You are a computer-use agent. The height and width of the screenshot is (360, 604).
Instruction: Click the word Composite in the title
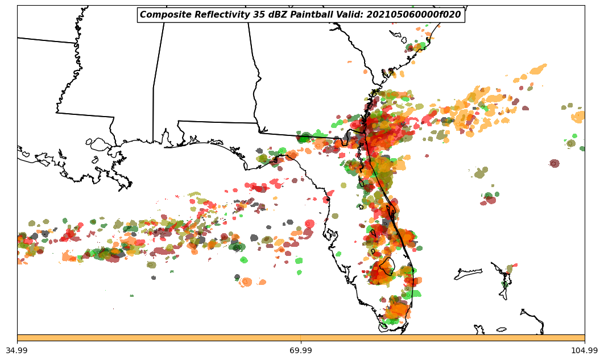(162, 15)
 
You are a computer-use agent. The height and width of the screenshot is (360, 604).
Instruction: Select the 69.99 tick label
(301, 350)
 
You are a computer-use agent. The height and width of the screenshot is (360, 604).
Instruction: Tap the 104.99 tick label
(584, 350)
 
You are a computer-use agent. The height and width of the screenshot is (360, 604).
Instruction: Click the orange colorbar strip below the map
(301, 338)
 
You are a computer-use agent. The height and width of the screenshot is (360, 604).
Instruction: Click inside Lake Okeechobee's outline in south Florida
(387, 266)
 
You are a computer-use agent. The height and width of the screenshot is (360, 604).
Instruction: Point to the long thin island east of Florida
(468, 275)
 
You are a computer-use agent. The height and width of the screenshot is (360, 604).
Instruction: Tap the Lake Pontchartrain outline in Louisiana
(100, 144)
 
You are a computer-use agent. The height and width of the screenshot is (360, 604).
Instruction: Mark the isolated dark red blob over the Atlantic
(554, 163)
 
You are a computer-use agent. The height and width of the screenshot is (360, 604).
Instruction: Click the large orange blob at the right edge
(578, 117)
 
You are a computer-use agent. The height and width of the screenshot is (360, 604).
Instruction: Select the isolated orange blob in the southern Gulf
(246, 282)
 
